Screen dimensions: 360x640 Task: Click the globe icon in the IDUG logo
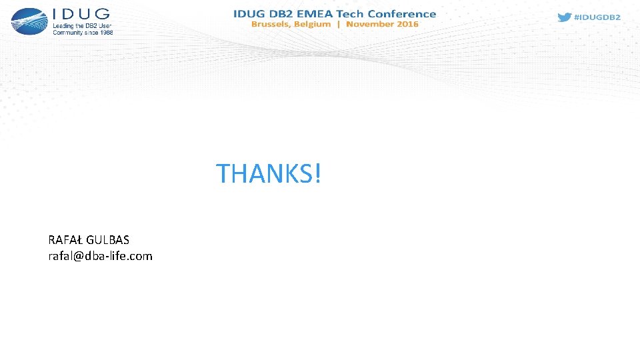[x=29, y=21]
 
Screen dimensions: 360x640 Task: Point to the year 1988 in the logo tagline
[x=105, y=32]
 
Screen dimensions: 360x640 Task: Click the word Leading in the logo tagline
[x=65, y=25]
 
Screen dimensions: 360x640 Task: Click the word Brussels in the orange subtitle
[x=271, y=24]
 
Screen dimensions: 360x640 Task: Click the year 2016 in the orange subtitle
[x=407, y=24]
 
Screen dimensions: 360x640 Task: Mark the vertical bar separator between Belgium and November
[x=339, y=24]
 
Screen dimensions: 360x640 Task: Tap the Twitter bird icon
[x=564, y=17]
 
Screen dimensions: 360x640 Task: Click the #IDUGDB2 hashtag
[x=597, y=17]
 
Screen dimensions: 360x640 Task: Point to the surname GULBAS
[x=107, y=240]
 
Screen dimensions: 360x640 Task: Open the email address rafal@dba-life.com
[x=100, y=256]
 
